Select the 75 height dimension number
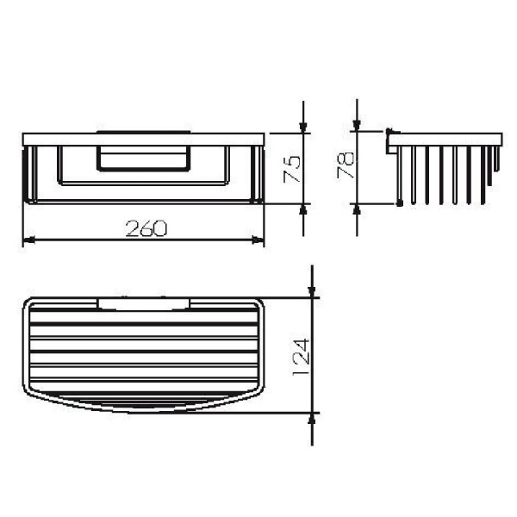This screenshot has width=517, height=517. coord(292,169)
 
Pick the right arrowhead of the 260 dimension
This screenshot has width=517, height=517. coord(258,241)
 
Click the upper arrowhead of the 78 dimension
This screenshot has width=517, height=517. coord(357,126)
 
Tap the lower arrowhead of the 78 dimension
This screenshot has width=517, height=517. coord(357,210)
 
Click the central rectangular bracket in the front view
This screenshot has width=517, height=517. coord(143,160)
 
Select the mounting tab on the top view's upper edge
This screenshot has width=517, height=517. coord(144,302)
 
